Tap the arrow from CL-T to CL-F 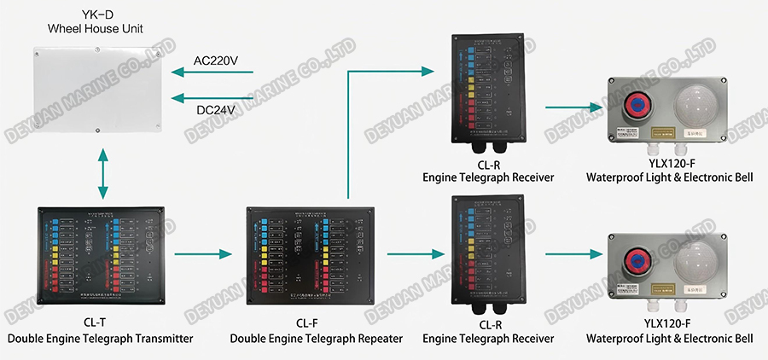tap(203, 253)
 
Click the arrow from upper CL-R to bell tap(571, 108)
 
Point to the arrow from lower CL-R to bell tap(571, 253)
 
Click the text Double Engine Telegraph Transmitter tap(101, 339)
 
